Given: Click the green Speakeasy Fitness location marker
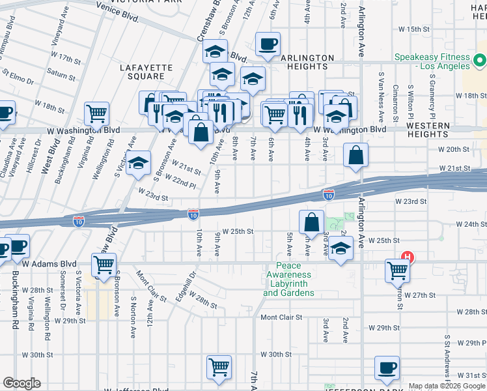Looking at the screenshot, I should pos(480,62).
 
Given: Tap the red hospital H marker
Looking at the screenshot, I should pos(408,257).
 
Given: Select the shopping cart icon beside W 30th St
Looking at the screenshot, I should pos(219,368).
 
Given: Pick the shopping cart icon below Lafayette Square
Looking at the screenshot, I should pos(96,113).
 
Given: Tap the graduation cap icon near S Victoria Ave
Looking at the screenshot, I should pos(138,164).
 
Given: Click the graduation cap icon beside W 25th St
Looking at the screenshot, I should pos(340,248).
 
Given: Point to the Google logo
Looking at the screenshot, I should pos(21,383).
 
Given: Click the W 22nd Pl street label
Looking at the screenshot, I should pos(180,181).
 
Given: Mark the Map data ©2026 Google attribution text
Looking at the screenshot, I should pos(447,386).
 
